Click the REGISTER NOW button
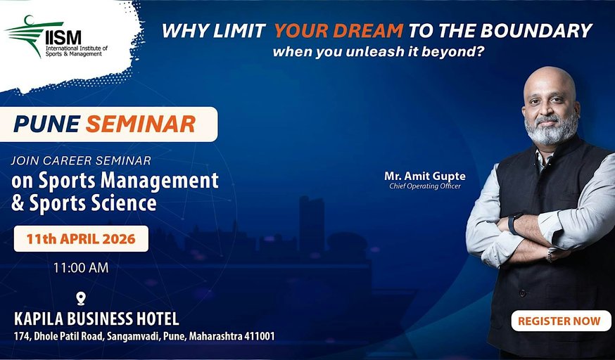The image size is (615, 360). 561,321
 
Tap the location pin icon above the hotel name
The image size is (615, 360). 81,299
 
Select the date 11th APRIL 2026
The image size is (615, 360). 81,238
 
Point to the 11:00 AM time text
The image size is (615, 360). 81,268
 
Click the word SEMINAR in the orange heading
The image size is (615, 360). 141,124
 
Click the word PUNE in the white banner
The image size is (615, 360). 47,124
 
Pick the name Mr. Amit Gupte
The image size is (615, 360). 425,176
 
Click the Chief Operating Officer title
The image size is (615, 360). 425,186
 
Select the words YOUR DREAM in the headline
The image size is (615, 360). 339,30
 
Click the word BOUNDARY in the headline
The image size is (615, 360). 536,30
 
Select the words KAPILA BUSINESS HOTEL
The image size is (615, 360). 96,319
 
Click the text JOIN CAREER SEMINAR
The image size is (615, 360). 81,160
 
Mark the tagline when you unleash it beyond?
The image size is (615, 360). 377,52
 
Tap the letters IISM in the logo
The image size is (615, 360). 63,37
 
